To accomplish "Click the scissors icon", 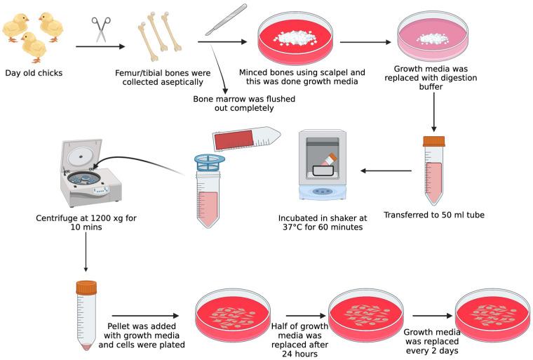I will click(x=101, y=29).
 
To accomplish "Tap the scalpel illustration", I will click(x=226, y=19).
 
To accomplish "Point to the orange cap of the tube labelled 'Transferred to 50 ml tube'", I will click(x=433, y=141).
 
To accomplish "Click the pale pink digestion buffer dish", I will click(x=433, y=36).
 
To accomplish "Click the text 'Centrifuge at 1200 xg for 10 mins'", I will click(x=86, y=223).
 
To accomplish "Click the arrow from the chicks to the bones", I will click(x=100, y=46).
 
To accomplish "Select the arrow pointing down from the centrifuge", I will click(x=86, y=252).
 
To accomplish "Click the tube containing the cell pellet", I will click(x=86, y=314).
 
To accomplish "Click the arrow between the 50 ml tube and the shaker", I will click(x=385, y=171).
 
